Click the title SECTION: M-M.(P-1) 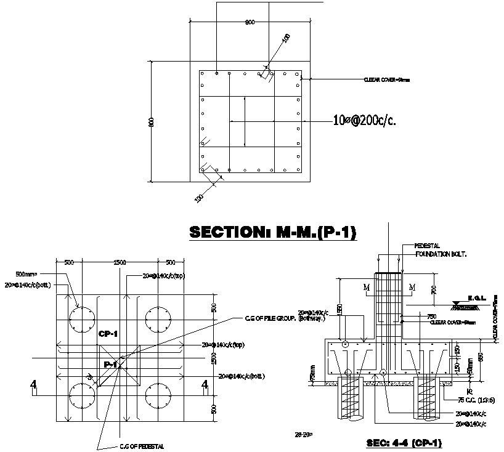tap(273, 232)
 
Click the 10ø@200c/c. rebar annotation tap(364, 121)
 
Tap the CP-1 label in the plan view tap(108, 334)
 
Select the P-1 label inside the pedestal tap(111, 365)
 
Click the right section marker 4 tap(205, 385)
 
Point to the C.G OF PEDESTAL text tap(141, 446)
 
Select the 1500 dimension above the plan tap(120, 262)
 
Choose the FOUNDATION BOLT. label tap(441, 254)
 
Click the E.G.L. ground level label tap(476, 297)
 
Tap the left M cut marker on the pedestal tap(366, 288)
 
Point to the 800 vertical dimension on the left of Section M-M tap(150, 122)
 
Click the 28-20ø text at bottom tap(304, 434)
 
